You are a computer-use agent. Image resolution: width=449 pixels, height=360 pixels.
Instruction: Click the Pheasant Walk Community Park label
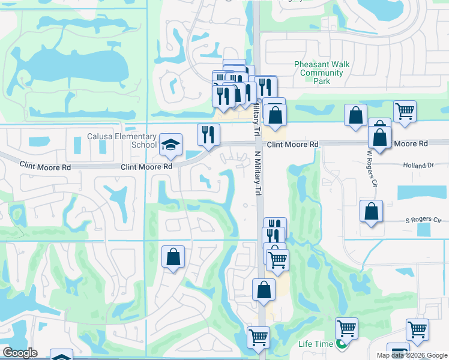[x=322, y=73]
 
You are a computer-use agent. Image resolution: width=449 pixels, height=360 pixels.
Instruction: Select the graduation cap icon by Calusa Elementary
[x=171, y=145]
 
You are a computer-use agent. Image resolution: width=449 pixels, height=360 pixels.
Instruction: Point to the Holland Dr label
[x=418, y=165]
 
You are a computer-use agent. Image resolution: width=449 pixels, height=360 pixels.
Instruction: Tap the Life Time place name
[x=316, y=344]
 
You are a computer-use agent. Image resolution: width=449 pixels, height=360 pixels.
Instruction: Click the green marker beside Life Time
[x=341, y=344]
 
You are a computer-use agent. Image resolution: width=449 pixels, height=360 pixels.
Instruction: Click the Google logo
[x=20, y=353]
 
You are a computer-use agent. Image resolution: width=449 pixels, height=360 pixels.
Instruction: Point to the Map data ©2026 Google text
[x=412, y=355]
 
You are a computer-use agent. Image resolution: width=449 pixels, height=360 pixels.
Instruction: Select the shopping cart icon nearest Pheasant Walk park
[x=405, y=111]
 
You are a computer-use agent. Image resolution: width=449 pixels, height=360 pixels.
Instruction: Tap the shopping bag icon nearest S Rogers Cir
[x=372, y=212]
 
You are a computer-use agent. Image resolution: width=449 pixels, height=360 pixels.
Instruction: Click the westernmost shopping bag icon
[x=173, y=257]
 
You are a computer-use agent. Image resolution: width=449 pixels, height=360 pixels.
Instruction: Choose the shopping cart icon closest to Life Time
[x=346, y=329]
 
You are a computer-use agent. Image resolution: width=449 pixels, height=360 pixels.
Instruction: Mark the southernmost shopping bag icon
[x=264, y=290]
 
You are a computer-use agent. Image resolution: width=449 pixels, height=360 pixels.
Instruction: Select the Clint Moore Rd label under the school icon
[x=147, y=167]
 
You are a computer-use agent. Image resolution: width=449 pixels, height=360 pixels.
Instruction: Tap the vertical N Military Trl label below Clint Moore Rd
[x=259, y=172]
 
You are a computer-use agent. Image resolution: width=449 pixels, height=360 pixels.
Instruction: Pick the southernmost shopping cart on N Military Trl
[x=259, y=337]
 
